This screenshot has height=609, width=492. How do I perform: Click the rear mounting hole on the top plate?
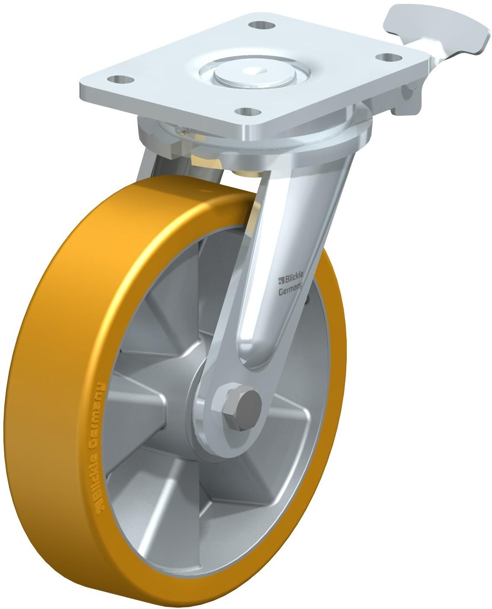262,25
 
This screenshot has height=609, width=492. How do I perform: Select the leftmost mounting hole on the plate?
120,79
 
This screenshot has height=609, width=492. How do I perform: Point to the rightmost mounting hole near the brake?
389,57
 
